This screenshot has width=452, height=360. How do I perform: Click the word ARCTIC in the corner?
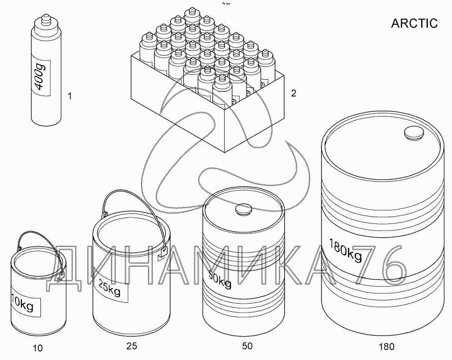414,23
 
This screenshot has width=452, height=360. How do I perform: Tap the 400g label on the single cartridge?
41,78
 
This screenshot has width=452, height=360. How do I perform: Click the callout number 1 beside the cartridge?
70,96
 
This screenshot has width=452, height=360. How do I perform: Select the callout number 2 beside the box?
293,93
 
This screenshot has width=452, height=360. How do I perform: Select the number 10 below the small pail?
38,348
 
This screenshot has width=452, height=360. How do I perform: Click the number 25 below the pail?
132,346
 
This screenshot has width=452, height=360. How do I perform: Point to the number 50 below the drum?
247,346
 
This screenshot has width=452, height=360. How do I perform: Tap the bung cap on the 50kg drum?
244,209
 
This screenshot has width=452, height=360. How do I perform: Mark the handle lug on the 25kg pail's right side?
163,254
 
